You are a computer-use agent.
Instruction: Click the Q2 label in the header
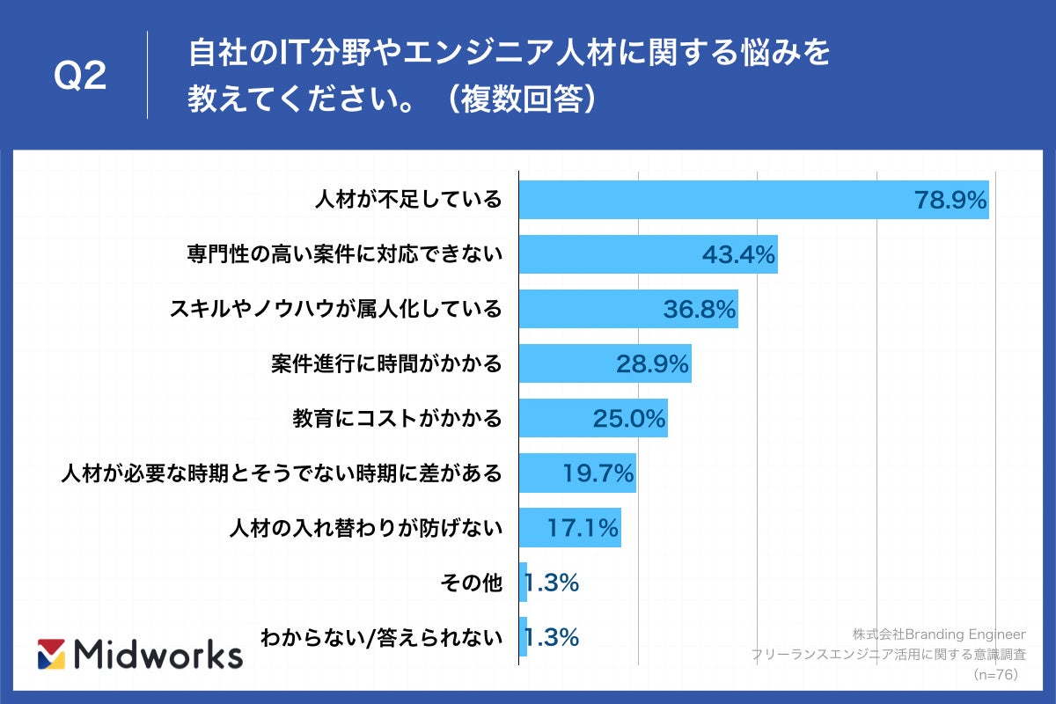click(80, 77)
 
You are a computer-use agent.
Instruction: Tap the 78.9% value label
click(950, 201)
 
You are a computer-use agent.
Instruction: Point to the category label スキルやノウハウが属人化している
click(335, 309)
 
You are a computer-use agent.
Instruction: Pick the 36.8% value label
click(699, 310)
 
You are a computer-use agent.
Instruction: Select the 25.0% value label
click(628, 419)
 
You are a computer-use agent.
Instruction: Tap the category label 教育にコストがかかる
click(397, 418)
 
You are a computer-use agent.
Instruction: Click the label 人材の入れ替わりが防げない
click(365, 528)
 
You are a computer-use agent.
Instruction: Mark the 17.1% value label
click(583, 528)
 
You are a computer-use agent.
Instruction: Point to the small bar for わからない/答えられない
click(524, 637)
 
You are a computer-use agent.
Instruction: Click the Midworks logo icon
click(52, 654)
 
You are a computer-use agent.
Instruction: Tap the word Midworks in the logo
click(159, 654)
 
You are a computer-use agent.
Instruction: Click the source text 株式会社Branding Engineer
click(939, 634)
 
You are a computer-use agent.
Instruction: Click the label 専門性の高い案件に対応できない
click(344, 254)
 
